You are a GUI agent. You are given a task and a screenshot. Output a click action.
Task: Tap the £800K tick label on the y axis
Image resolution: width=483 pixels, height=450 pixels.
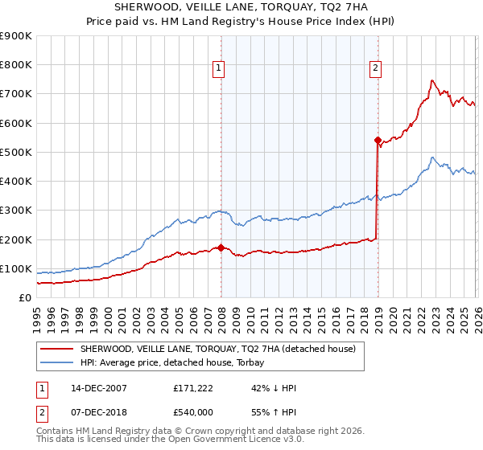click(x=16, y=65)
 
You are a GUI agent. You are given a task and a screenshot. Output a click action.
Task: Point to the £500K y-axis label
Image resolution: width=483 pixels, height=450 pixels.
click(x=16, y=153)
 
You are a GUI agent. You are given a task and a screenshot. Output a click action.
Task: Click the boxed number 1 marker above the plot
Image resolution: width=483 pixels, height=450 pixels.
click(x=218, y=68)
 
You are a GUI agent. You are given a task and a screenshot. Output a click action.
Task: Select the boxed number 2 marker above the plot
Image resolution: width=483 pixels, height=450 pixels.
click(x=375, y=68)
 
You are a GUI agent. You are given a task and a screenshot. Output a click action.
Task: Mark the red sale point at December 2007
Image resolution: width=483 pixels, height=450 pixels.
click(x=221, y=247)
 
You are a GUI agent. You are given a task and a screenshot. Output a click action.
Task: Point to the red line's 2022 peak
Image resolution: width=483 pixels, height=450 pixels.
click(x=432, y=80)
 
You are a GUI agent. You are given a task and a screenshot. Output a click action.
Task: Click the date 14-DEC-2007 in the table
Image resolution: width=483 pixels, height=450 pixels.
click(x=97, y=388)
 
